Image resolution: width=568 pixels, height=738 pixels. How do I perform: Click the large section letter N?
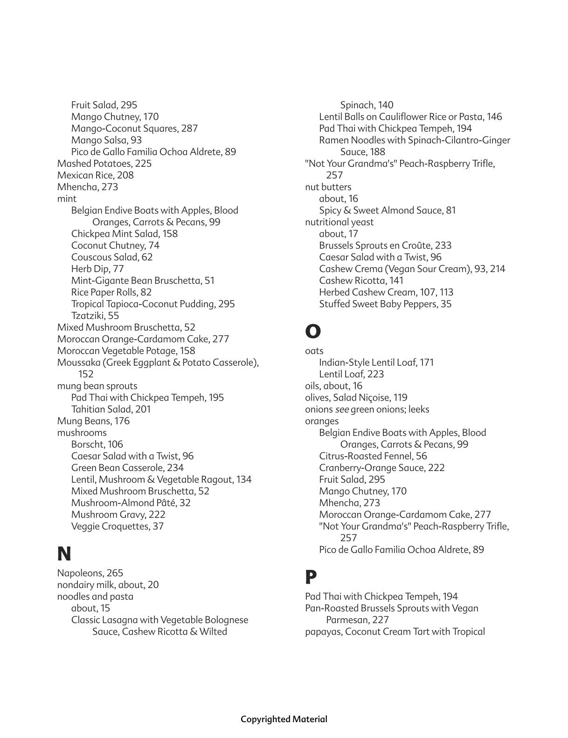click(64, 554)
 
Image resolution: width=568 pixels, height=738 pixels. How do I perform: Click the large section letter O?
click(312, 331)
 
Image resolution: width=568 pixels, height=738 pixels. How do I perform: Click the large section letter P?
click(311, 577)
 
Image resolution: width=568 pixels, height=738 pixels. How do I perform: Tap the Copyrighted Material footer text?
click(284, 719)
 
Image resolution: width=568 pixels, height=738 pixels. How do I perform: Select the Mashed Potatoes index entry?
click(104, 164)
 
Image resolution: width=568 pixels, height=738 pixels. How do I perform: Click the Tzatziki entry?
click(95, 315)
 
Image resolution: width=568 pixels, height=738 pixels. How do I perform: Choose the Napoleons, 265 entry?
click(90, 573)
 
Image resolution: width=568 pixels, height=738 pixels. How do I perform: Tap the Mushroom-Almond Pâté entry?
click(131, 503)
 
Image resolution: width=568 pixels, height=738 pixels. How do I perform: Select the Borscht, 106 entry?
click(97, 444)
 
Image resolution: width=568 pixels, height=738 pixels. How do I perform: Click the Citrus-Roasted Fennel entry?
click(373, 456)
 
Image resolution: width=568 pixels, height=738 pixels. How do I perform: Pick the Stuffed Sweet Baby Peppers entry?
click(385, 304)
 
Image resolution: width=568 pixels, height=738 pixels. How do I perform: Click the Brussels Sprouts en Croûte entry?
click(385, 246)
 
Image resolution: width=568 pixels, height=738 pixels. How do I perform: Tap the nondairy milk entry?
click(108, 585)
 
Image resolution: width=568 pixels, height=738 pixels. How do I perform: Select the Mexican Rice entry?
click(95, 175)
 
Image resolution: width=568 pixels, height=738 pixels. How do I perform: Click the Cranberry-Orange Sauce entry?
click(381, 468)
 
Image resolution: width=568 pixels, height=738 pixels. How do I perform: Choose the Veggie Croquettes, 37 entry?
click(117, 526)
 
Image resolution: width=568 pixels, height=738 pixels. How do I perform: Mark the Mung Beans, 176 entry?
click(93, 421)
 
